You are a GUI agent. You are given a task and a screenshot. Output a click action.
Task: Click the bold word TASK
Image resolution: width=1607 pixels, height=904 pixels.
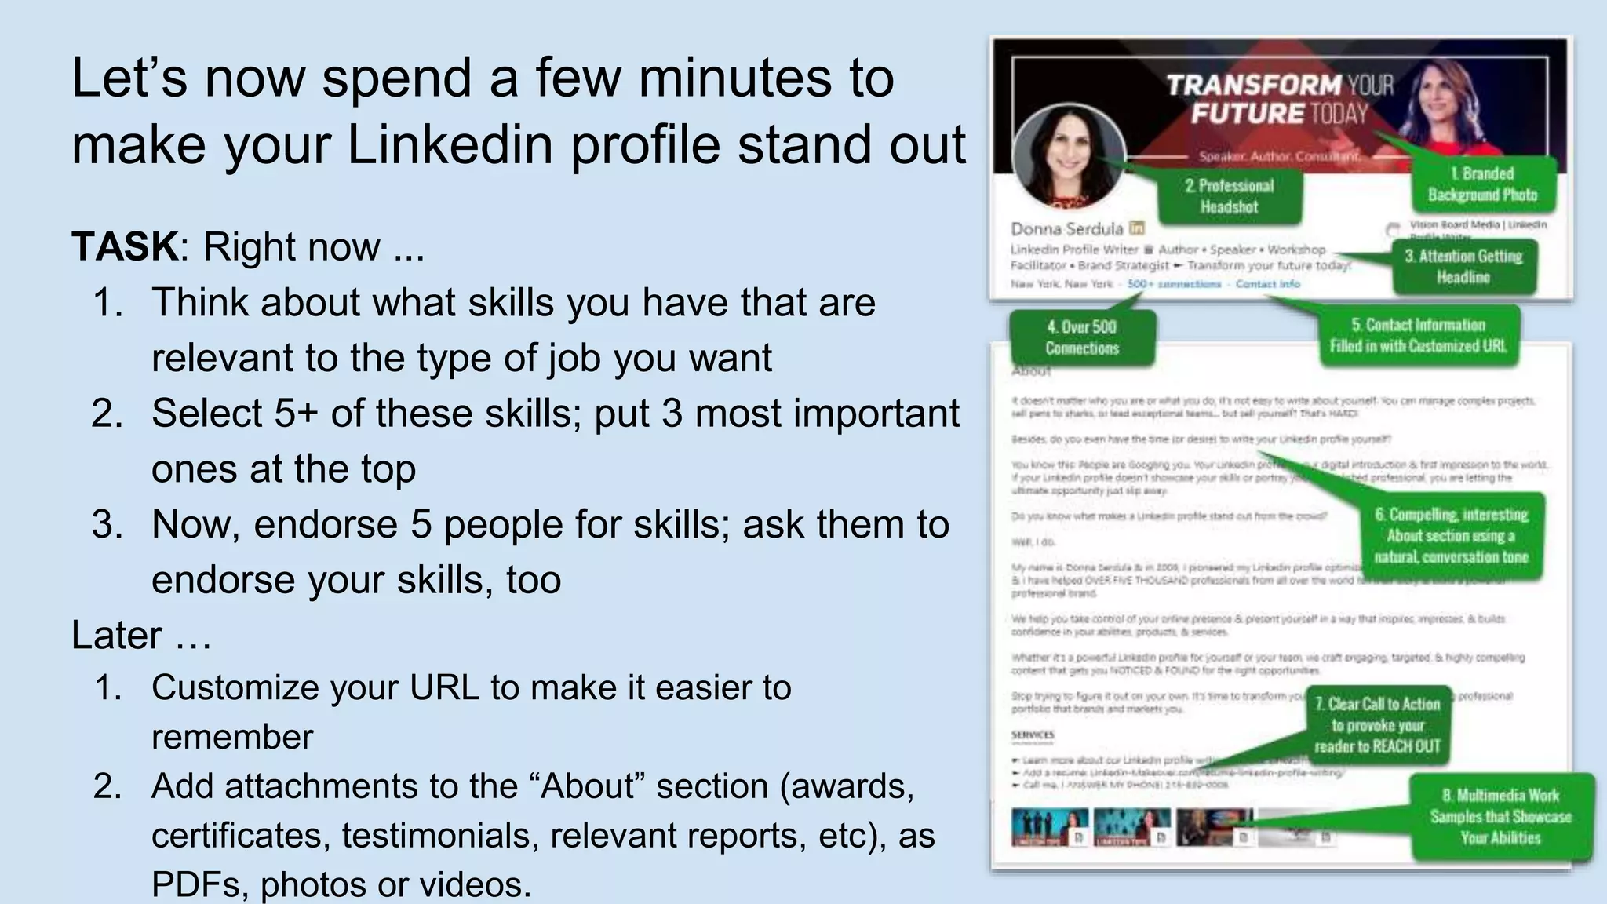(125, 246)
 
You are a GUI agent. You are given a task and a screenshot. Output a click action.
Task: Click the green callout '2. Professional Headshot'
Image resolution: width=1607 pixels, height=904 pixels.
(1229, 196)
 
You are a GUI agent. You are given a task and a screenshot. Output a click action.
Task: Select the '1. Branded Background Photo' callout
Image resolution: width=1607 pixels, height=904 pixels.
(1481, 184)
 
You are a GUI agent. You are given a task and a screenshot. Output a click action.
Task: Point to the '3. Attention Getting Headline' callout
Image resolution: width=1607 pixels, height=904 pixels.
(1463, 267)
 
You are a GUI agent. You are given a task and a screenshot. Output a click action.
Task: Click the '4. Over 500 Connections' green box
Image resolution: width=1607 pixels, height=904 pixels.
(1082, 337)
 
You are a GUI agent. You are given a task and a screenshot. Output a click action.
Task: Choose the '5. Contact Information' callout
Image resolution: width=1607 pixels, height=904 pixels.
(1418, 336)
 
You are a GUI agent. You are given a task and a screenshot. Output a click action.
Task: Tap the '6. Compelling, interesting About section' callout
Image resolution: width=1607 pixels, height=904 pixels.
(1451, 536)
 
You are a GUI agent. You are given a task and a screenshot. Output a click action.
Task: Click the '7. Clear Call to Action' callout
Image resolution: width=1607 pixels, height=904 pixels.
(1377, 725)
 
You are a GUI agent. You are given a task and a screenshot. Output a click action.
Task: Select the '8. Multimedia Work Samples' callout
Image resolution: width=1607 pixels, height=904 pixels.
(1500, 816)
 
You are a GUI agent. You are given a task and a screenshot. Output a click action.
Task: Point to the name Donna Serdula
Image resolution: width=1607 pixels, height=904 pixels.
(1067, 229)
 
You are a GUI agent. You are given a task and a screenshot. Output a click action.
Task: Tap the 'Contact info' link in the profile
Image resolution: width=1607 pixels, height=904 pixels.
(1267, 284)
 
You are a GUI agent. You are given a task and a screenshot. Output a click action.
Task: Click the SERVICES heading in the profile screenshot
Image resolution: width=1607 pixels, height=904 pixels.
(1033, 735)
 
